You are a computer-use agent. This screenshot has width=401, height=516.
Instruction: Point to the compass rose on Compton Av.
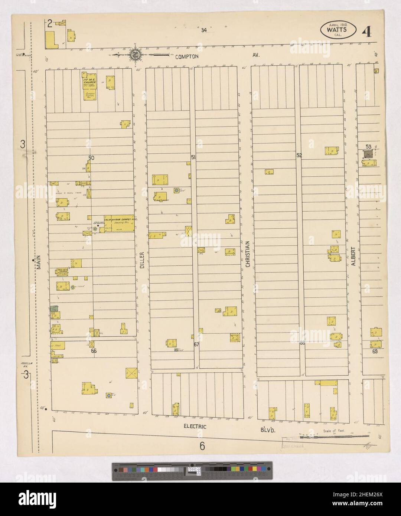point(134,55)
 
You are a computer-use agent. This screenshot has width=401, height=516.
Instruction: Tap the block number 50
point(91,158)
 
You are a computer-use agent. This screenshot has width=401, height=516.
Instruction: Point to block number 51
point(193,157)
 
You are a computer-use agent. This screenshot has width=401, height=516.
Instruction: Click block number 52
point(299,156)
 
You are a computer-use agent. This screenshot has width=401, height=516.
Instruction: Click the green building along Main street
point(55,308)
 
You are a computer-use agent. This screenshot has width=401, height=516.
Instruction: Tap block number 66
point(94,350)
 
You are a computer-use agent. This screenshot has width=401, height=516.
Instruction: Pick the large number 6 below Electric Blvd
point(202,446)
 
